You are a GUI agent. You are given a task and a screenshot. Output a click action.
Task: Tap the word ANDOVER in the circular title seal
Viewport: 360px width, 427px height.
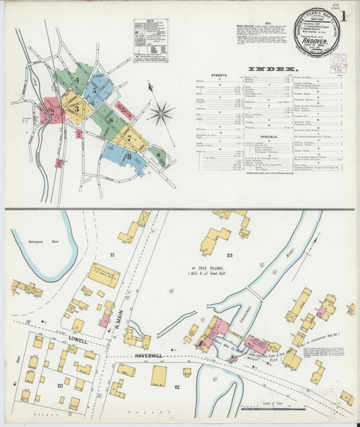315,39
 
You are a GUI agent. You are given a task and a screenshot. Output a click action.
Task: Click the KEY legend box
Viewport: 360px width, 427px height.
151,41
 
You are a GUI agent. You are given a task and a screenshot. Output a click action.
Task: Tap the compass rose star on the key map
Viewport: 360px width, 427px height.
161,113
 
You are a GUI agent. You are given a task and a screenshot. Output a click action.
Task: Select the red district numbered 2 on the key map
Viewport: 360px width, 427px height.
52,111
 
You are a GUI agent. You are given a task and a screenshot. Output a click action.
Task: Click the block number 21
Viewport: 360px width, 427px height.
112,255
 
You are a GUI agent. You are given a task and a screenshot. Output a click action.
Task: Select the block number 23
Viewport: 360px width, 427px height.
229,255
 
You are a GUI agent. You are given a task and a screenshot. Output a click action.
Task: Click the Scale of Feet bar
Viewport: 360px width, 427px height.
273,408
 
